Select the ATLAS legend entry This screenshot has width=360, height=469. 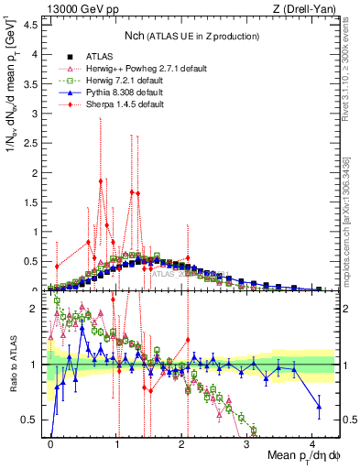(x=95, y=57)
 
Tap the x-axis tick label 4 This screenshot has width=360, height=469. (x=312, y=442)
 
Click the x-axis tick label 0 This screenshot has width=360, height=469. (x=51, y=442)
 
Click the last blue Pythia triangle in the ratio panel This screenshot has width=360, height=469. (x=319, y=406)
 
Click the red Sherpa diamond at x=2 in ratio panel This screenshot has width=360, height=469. (x=188, y=340)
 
